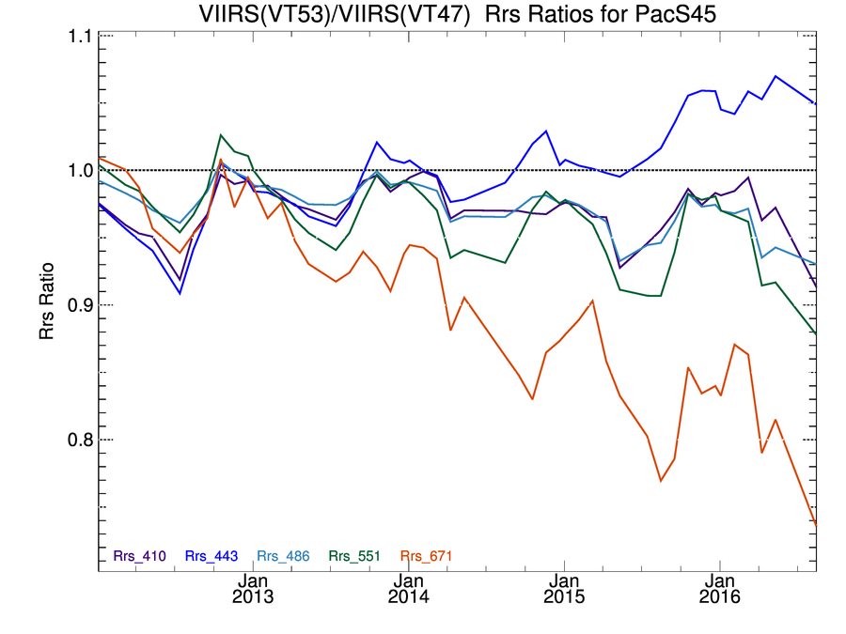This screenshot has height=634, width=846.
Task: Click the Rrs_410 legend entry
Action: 139,556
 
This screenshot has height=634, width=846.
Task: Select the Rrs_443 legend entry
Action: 211,556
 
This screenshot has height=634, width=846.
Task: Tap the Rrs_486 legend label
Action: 283,556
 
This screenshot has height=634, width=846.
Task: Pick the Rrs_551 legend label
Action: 354,556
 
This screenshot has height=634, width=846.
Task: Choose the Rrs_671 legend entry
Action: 427,556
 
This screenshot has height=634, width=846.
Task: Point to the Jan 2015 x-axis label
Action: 564,588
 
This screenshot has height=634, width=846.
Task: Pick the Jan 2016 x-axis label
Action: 720,588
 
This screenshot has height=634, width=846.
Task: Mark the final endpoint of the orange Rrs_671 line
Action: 816,525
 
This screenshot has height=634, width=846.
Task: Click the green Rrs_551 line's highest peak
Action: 220,134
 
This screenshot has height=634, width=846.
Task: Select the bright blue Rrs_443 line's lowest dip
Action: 180,293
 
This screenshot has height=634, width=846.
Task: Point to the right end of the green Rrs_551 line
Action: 816,333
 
